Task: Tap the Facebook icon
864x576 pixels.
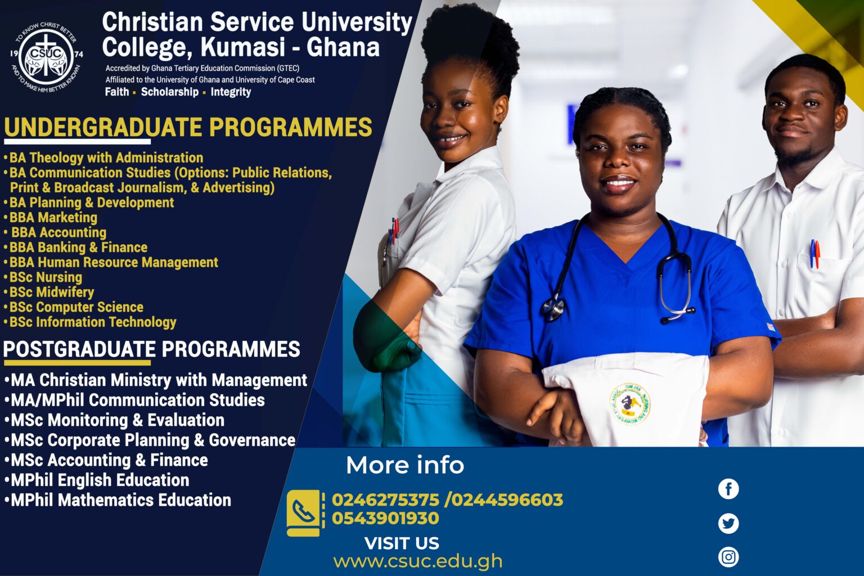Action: click(x=728, y=489)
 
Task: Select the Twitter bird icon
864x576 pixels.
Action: click(x=728, y=523)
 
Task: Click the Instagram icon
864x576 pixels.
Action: click(x=728, y=557)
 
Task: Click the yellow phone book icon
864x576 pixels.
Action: click(x=304, y=513)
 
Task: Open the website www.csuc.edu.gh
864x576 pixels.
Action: click(x=418, y=561)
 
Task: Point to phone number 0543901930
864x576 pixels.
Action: click(x=385, y=518)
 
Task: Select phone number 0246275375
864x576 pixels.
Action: click(x=385, y=500)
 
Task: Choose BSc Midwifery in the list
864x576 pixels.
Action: click(x=49, y=292)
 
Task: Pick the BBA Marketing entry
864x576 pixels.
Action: click(x=51, y=217)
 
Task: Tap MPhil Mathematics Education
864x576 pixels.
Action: click(x=118, y=500)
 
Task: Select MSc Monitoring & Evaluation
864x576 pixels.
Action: click(x=114, y=420)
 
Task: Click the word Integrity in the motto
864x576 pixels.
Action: click(x=231, y=92)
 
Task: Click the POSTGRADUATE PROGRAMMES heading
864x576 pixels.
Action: click(x=151, y=349)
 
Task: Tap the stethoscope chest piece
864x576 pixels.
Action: click(x=552, y=309)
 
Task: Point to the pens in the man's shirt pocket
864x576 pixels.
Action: click(x=814, y=254)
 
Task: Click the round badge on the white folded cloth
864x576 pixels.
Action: click(x=630, y=404)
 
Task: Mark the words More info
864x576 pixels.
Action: click(x=405, y=465)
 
